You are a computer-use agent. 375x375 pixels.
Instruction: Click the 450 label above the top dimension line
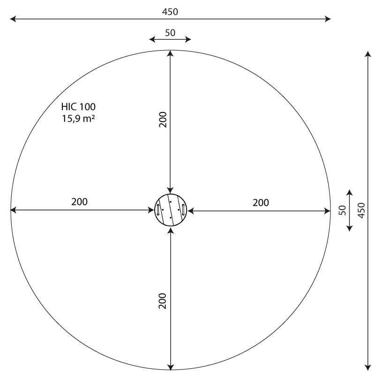coord(170,12)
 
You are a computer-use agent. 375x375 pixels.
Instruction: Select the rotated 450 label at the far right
coord(361,210)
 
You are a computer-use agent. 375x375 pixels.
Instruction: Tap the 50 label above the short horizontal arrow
coord(170,33)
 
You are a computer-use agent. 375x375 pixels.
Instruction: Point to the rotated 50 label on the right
coord(343,210)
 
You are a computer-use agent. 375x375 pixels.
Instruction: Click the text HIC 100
coord(78,107)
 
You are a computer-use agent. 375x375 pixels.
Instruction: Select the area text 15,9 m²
coord(78,119)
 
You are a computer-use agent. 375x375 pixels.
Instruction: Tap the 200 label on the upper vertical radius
coord(163,120)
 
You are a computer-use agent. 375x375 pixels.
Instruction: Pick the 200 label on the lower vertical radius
coord(162,301)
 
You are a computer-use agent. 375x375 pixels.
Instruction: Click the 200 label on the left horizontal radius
coord(79,202)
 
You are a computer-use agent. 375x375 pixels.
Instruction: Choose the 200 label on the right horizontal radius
coord(261,203)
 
